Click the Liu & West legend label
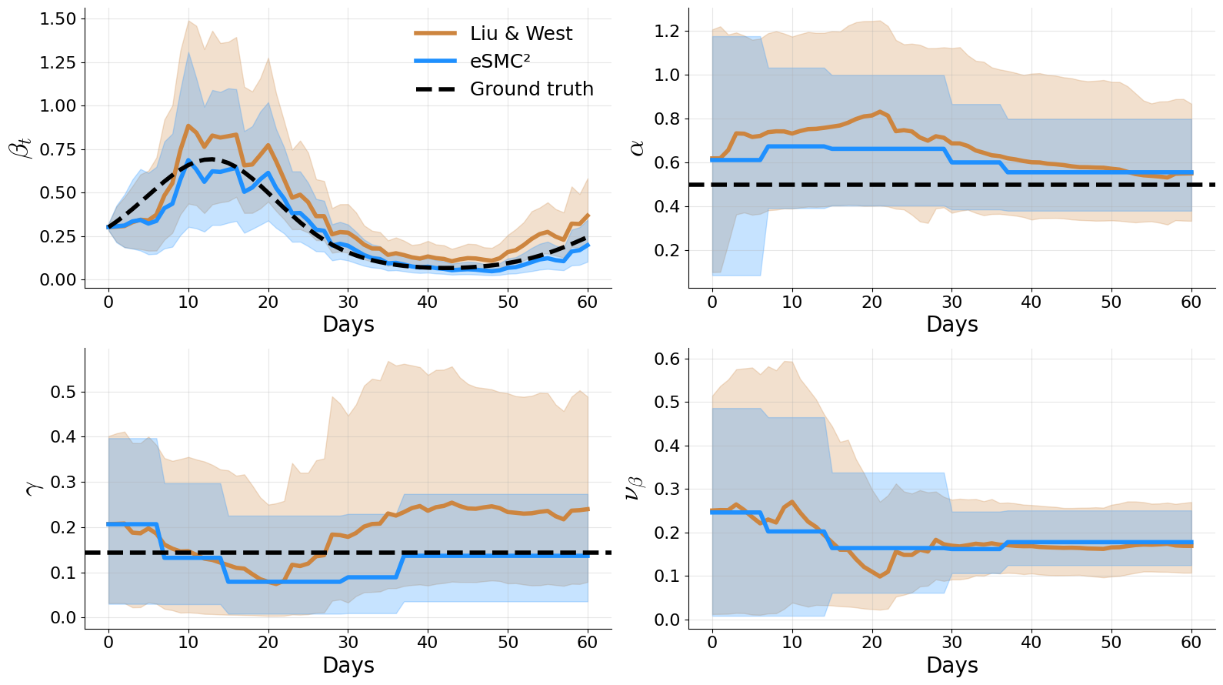click(521, 33)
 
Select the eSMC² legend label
click(500, 61)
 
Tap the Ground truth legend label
click(532, 89)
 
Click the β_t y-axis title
click(21, 147)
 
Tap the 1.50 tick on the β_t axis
click(58, 18)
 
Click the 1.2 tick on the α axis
click(667, 31)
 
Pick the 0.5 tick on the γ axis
click(63, 392)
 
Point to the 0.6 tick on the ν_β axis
click(667, 359)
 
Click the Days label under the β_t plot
click(348, 324)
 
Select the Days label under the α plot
click(951, 324)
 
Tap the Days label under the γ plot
click(348, 665)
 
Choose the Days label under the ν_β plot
click(951, 665)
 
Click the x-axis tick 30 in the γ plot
click(348, 642)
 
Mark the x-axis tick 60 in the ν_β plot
click(1191, 642)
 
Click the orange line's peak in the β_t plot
click(188, 125)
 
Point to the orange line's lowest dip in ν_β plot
click(880, 576)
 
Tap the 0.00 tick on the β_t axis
click(58, 279)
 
